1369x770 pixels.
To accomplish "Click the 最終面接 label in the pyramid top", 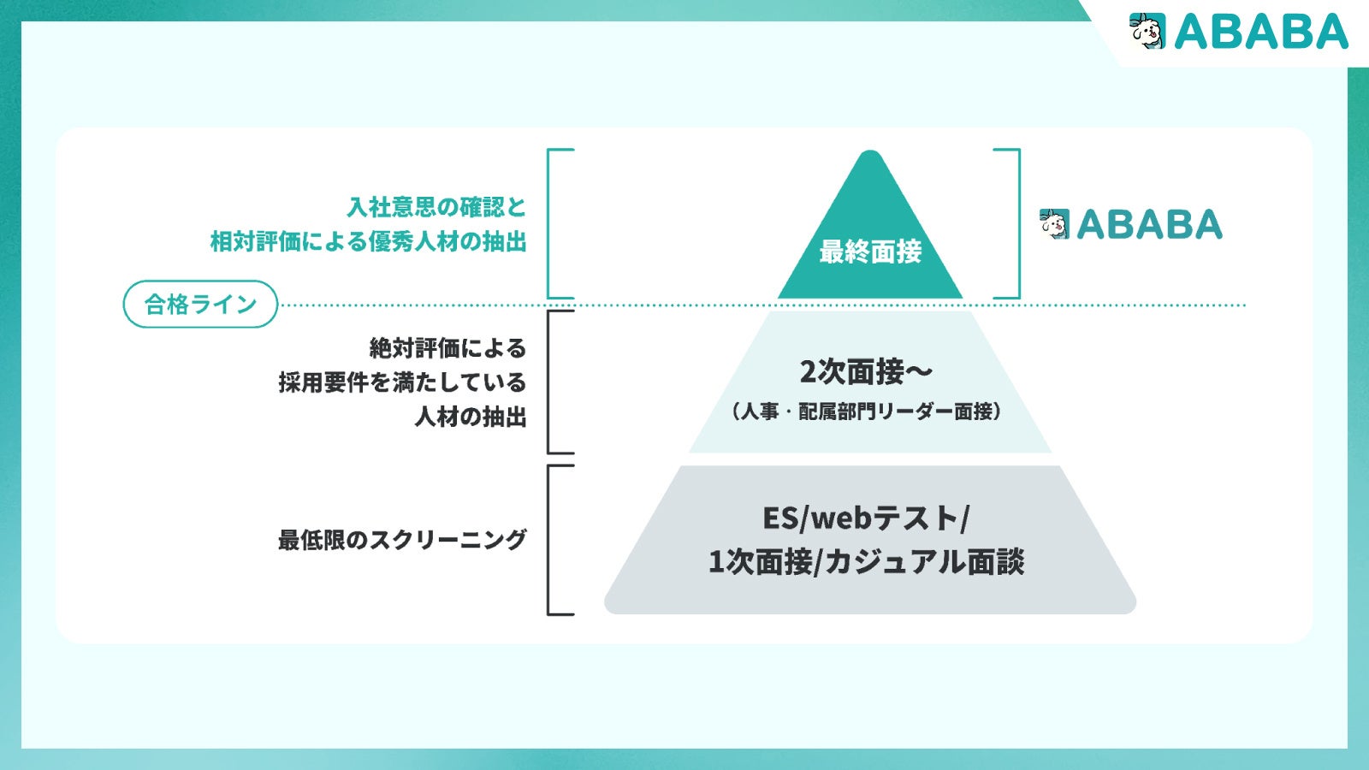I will (870, 252).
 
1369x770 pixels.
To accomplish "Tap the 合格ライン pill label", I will (200, 305).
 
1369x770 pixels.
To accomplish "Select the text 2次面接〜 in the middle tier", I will (866, 372).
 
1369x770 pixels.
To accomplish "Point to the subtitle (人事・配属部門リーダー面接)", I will (866, 412).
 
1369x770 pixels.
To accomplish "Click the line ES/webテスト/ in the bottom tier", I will (866, 518).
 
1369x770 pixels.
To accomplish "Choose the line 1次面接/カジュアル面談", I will (866, 562).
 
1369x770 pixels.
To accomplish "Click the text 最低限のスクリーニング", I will (402, 540).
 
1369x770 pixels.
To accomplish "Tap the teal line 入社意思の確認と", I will (436, 207).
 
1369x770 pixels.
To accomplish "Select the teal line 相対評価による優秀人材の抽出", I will (369, 241).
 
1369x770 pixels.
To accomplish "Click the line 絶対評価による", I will (447, 348).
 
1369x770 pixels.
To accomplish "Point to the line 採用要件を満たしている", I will (402, 382).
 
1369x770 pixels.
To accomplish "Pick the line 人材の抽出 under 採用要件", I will (471, 417).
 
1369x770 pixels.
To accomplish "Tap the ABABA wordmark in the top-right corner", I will (1261, 33).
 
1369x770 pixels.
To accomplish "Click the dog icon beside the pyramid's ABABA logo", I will (1055, 224).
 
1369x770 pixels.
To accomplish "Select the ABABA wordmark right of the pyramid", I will (1149, 225).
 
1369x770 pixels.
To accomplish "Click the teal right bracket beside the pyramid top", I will (1017, 224).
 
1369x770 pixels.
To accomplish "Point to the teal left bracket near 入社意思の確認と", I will (549, 224).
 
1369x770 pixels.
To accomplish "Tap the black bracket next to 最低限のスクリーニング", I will (549, 540).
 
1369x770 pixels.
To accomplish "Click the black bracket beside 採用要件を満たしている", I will (549, 382).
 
